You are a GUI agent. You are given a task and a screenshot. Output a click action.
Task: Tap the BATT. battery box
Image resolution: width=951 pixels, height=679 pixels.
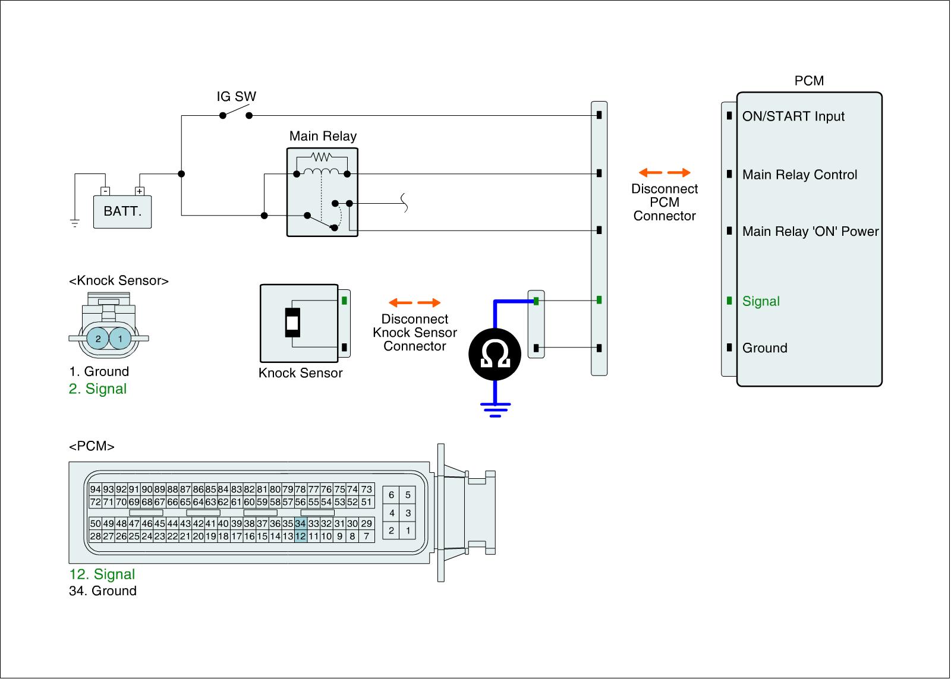tap(122, 211)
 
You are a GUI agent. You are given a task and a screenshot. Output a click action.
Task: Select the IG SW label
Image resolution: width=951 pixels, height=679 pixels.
tap(236, 97)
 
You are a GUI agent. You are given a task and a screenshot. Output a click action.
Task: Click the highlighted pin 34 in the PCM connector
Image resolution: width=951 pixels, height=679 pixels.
tap(300, 523)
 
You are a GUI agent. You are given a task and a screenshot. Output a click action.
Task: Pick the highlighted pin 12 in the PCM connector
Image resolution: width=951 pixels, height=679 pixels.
tap(300, 536)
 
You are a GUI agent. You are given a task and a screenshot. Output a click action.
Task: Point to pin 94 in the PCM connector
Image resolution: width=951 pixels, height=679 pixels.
tap(95, 489)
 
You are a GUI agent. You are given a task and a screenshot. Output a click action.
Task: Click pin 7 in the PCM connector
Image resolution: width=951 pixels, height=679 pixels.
tap(367, 536)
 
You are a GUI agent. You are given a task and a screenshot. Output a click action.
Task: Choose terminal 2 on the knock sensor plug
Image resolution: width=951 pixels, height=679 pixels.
tap(98, 339)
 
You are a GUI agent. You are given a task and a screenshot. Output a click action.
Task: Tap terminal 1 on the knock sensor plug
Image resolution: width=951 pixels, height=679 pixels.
tap(120, 339)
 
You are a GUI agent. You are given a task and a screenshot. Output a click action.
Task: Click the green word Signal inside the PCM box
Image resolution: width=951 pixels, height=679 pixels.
tap(761, 301)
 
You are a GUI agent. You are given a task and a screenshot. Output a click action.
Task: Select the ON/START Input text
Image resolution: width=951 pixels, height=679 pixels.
tap(793, 116)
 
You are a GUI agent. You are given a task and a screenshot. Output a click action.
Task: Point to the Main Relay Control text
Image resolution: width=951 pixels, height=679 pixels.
tap(799, 175)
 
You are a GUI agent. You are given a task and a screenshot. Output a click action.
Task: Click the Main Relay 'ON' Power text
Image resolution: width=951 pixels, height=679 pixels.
tap(810, 232)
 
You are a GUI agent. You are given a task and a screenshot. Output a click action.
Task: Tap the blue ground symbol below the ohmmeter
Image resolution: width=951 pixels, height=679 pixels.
tap(495, 409)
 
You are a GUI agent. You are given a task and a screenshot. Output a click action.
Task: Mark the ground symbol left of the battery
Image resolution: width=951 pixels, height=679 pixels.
tap(75, 223)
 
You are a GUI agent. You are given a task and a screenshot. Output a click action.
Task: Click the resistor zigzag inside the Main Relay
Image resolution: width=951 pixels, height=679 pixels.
tap(321, 157)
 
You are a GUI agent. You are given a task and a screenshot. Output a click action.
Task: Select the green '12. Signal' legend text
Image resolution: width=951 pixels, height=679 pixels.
tap(102, 574)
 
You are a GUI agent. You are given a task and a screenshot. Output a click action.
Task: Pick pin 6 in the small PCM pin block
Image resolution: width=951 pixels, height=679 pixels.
tap(391, 495)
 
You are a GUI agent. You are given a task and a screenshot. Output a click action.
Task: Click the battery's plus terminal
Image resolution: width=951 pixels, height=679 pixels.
tap(140, 191)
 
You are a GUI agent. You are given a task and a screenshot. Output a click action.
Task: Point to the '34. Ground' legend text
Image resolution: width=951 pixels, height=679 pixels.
tap(103, 591)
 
